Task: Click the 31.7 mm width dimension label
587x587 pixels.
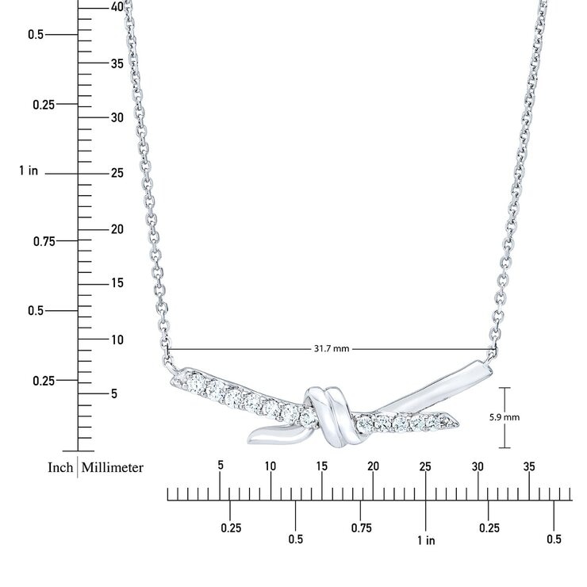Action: pyautogui.click(x=332, y=349)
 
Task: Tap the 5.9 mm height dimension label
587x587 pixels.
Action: pyautogui.click(x=505, y=417)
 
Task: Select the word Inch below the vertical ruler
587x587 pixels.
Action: pyautogui.click(x=60, y=467)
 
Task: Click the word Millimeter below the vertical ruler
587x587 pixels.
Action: pyautogui.click(x=113, y=467)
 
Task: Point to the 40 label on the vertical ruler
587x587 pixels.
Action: pyautogui.click(x=117, y=6)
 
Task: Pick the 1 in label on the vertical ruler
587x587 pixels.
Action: pyautogui.click(x=29, y=171)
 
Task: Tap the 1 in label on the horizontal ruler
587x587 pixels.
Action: pyautogui.click(x=427, y=540)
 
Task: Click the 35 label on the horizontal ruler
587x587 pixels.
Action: pyautogui.click(x=529, y=467)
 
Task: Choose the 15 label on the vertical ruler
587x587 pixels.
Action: pyautogui.click(x=117, y=283)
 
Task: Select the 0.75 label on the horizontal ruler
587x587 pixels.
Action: pyautogui.click(x=362, y=528)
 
